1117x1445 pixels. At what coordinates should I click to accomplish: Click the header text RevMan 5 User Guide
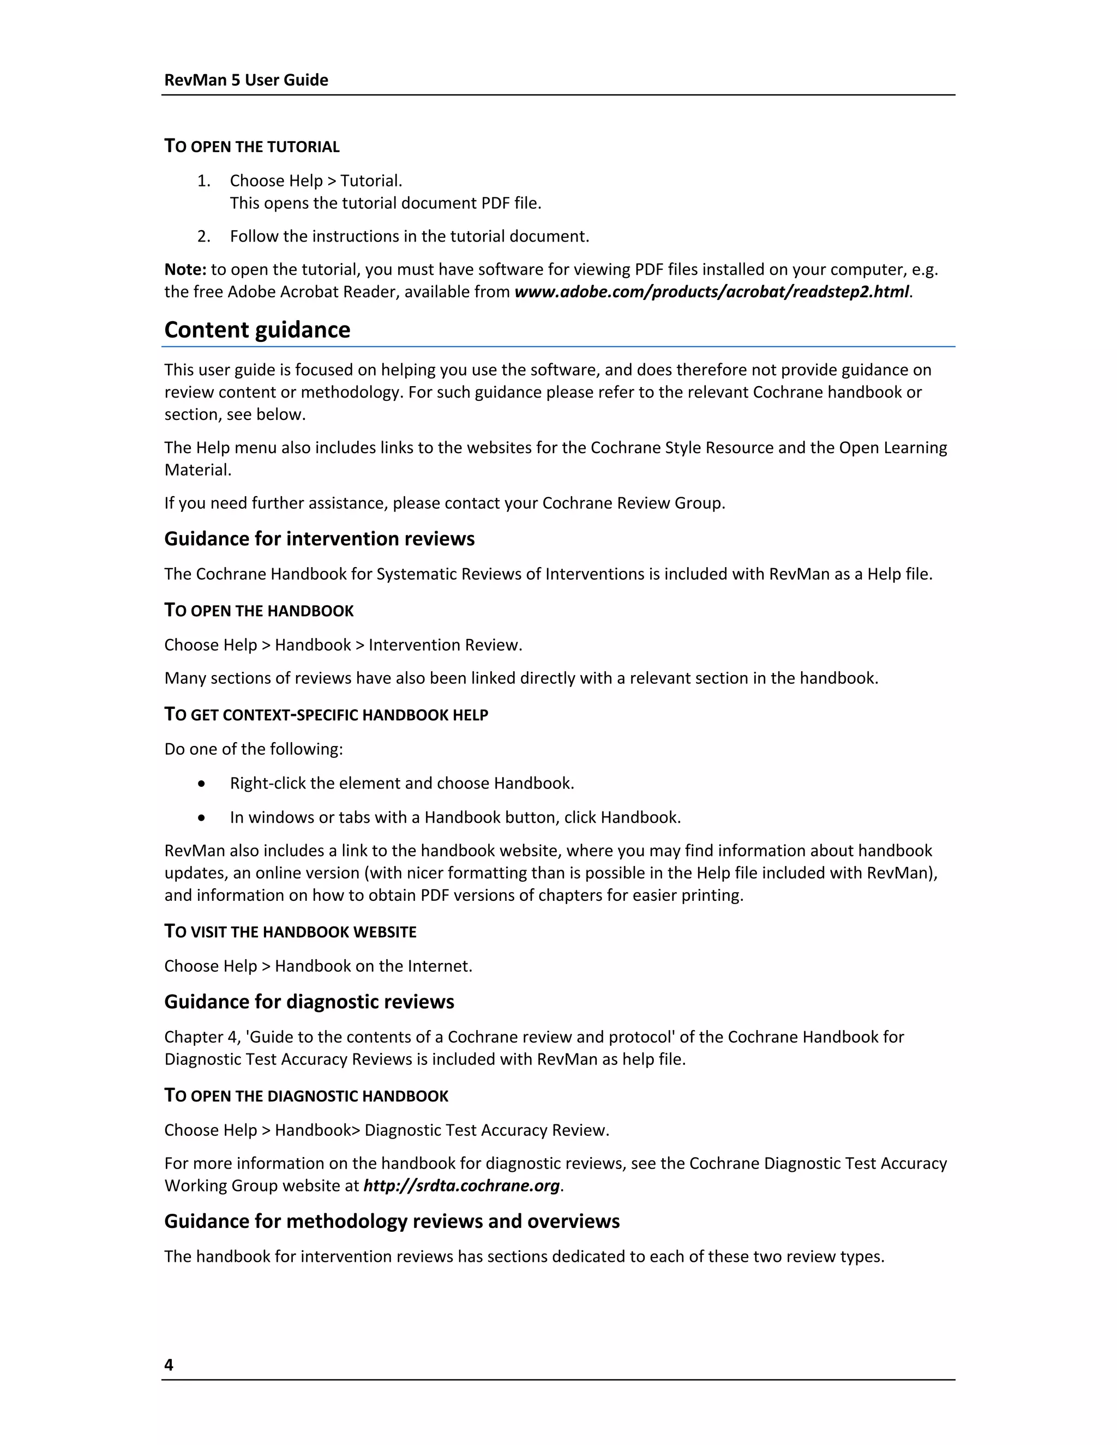(246, 80)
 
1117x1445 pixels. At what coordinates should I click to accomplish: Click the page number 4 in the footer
(169, 1364)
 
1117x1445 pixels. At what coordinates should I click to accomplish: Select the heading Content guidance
(257, 329)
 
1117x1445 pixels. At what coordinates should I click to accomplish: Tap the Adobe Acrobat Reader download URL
(711, 292)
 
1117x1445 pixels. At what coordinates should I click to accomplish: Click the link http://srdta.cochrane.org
(462, 1185)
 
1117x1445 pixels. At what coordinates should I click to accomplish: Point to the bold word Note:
(185, 269)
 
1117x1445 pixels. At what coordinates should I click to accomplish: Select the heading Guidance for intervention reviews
(319, 539)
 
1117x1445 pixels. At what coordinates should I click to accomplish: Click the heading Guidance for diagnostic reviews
(309, 1002)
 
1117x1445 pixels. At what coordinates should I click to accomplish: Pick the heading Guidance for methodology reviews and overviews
(392, 1221)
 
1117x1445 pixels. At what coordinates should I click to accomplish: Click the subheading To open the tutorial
(251, 146)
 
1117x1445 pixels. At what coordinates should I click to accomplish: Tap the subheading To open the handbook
(259, 610)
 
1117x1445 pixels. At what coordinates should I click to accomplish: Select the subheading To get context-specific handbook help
(326, 714)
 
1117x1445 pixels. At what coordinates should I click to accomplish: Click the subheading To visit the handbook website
(291, 931)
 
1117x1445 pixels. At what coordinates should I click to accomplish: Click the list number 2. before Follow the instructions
(204, 236)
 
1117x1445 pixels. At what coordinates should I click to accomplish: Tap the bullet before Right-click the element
(202, 784)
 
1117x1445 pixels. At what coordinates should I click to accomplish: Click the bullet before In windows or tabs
(202, 818)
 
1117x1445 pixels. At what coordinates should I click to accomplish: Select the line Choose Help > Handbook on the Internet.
(319, 966)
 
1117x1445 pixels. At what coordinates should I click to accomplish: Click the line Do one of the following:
(254, 749)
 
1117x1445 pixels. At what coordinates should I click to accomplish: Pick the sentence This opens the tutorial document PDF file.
(386, 203)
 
